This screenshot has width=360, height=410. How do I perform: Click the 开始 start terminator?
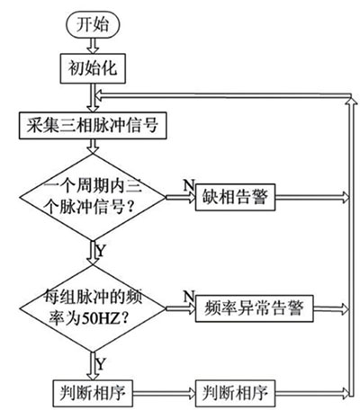[93, 25]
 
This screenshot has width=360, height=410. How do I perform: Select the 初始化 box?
[93, 68]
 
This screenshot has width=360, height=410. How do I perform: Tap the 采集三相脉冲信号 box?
[93, 126]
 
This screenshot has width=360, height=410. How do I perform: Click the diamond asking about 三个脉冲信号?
[93, 197]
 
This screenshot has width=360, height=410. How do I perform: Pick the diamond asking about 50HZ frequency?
[93, 308]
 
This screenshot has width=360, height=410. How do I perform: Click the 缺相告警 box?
[235, 197]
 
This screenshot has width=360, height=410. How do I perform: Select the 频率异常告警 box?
[254, 308]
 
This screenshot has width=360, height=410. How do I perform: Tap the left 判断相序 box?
[93, 393]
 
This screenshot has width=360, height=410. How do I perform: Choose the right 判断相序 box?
[235, 393]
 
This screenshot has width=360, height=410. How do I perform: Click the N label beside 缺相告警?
[189, 185]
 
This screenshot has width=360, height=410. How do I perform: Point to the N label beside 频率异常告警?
[189, 297]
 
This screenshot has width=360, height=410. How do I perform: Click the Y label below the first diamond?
[101, 251]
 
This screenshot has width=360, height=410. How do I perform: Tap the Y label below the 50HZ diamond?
[101, 365]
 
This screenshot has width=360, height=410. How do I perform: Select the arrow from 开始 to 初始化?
[93, 46]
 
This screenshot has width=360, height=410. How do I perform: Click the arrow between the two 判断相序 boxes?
[164, 393]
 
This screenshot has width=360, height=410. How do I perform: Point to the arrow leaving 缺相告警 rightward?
[312, 197]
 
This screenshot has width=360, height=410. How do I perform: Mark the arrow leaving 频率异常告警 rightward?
[331, 308]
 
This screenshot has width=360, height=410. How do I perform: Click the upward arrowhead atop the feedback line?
[351, 101]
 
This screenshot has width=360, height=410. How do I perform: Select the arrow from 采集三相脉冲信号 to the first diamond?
[93, 147]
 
